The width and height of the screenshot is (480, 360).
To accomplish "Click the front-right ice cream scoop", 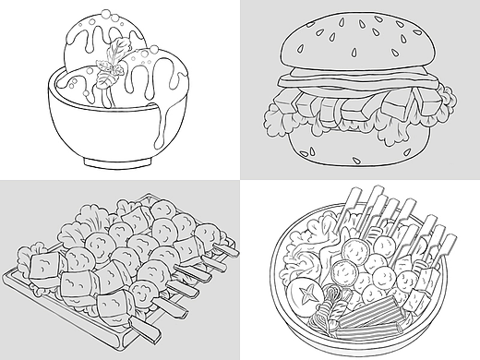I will coord(146,78).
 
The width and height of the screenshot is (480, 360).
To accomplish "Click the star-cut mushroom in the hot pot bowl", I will coord(303,294).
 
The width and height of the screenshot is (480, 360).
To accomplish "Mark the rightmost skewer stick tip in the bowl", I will coord(451,242).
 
